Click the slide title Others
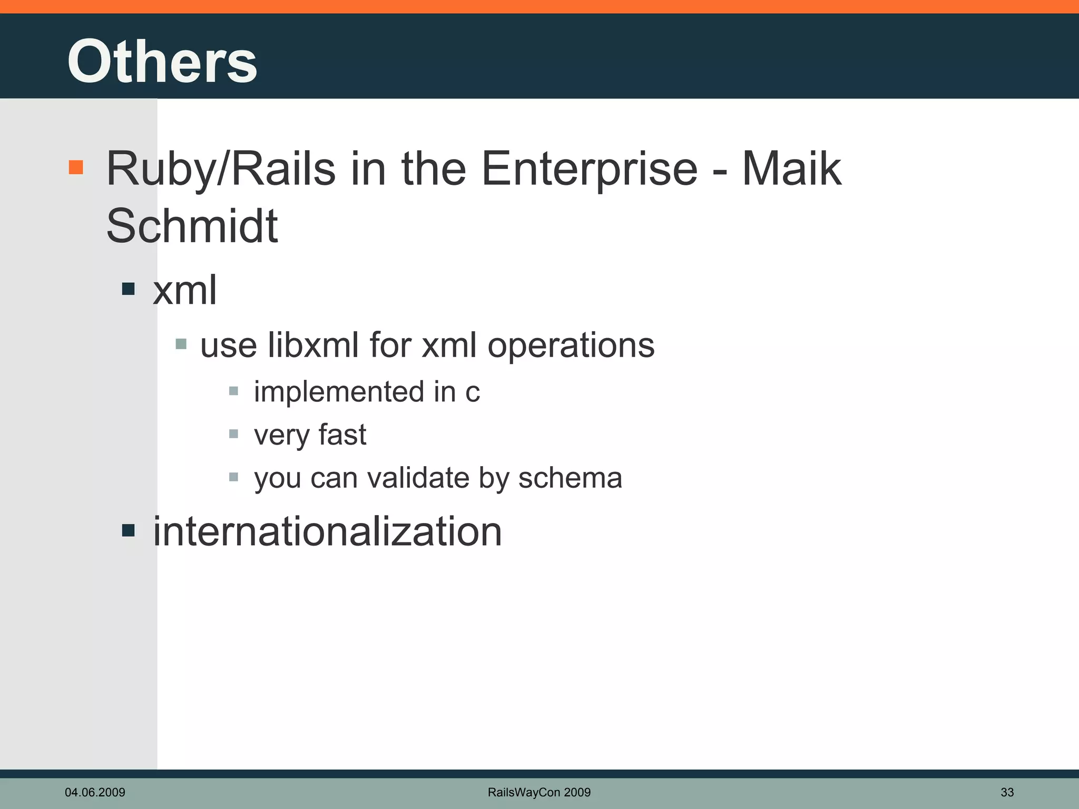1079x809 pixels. click(162, 62)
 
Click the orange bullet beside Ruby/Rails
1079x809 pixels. click(76, 167)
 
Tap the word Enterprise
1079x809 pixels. click(590, 170)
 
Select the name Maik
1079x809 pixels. click(791, 170)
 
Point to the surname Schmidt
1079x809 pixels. click(192, 226)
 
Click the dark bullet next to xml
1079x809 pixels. click(128, 289)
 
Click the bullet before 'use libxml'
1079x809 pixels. click(181, 344)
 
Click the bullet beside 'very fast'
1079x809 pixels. click(234, 434)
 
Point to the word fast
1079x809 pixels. click(342, 435)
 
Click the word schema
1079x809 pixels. click(570, 478)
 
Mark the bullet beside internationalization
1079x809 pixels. click(128, 530)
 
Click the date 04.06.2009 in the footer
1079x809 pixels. click(95, 792)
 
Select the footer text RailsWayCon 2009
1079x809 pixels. click(539, 792)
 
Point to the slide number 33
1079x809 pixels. click(1007, 792)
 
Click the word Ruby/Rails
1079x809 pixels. click(221, 170)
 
